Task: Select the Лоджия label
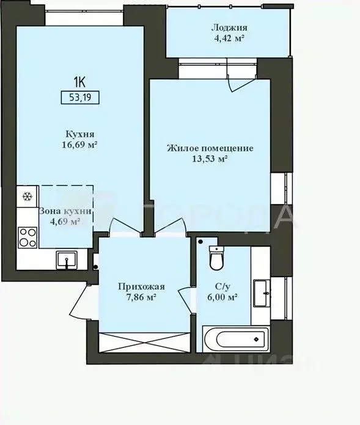229,28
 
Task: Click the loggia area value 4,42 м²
229,38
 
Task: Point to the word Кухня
80,133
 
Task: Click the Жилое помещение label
210,148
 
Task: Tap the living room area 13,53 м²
210,159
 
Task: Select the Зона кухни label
65,211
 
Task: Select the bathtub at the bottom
235,336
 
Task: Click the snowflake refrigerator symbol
27,197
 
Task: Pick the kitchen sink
65,260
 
